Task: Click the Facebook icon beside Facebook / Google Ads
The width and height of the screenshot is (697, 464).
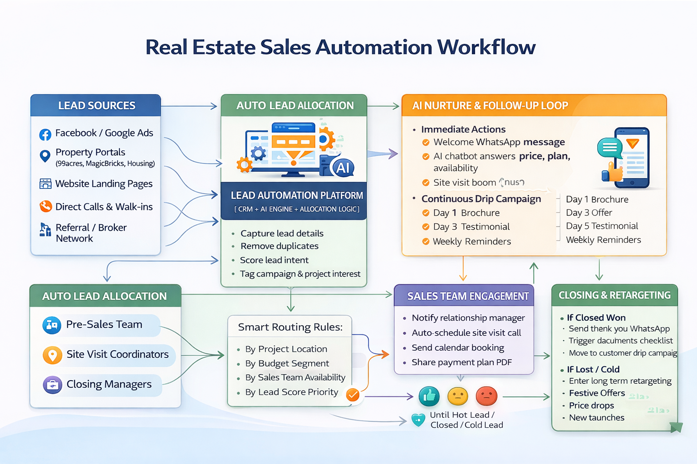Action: point(45,134)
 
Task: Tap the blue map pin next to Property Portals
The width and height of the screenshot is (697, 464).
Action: point(45,156)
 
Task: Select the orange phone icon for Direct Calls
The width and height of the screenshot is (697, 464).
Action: point(45,207)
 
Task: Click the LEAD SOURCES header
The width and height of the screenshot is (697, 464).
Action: point(96,106)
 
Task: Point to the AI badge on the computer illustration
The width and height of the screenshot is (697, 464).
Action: point(343,168)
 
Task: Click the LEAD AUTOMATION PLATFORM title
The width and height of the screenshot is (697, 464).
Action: point(297,195)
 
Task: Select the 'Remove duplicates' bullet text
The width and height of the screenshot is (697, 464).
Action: point(280,246)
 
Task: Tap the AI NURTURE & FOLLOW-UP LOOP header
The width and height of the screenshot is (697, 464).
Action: point(490,106)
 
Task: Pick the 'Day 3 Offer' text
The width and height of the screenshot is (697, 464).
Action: point(589,213)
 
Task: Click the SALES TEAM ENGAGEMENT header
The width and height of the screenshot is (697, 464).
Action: point(468,296)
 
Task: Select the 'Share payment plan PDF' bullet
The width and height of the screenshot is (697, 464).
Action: point(461,362)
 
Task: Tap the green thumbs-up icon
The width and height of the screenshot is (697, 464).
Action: point(429,396)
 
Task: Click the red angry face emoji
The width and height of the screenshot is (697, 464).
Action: point(486,396)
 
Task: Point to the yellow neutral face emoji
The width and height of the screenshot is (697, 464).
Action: point(457,396)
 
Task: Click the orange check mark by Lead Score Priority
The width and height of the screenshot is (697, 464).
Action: point(353,395)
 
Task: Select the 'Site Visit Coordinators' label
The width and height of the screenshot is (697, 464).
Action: point(118,354)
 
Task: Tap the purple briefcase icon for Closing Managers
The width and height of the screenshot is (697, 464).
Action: point(53,385)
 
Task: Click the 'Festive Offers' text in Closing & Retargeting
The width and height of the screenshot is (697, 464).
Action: point(597,393)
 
